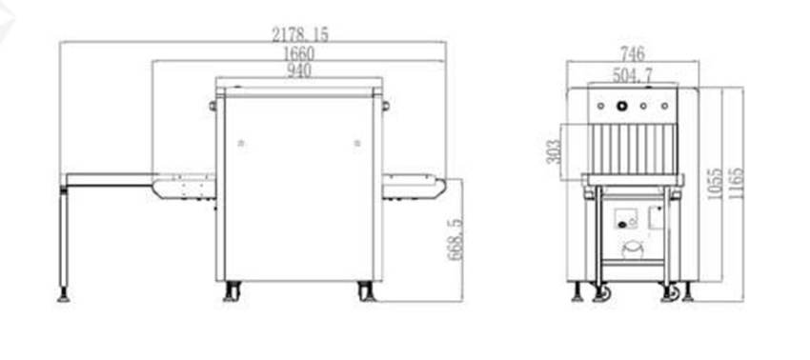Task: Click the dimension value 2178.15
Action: tap(299, 34)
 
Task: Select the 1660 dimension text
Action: tap(298, 53)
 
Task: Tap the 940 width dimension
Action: tap(299, 70)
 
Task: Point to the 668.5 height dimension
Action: tap(456, 239)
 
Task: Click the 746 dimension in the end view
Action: tap(633, 53)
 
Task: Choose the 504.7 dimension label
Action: tap(633, 75)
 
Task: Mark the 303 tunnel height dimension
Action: tap(554, 151)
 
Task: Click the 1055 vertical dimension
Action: tap(715, 185)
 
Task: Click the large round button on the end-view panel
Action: tap(622, 106)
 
